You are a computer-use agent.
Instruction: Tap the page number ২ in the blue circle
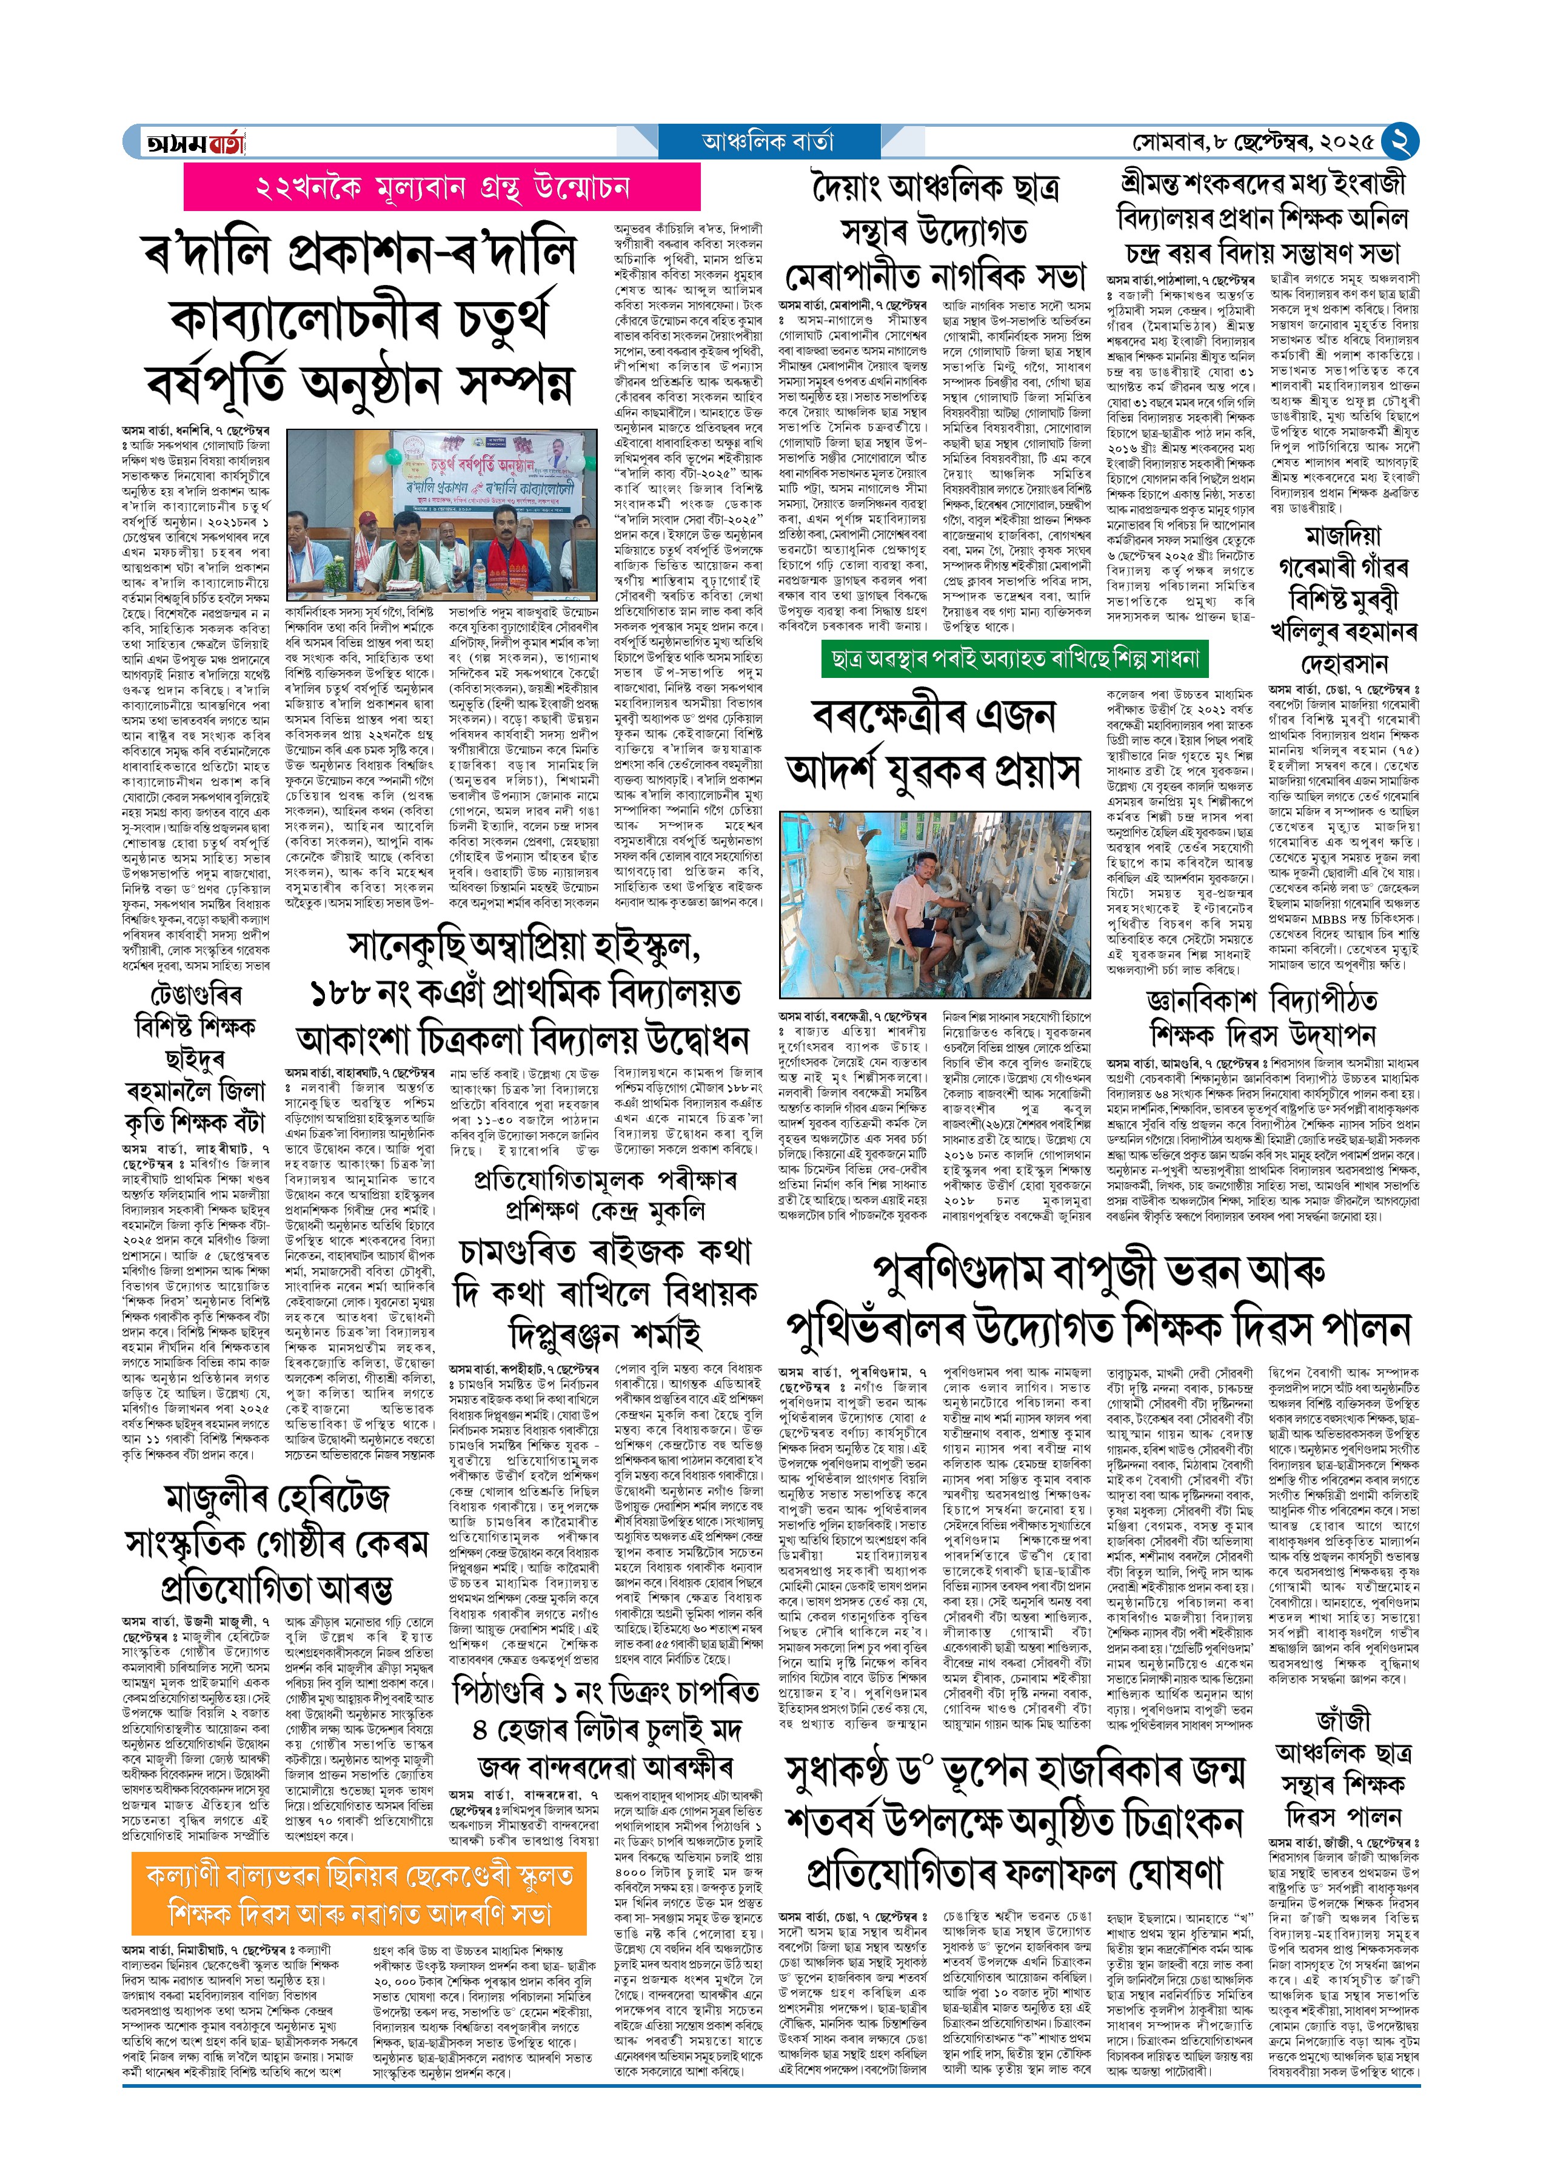pos(1399,142)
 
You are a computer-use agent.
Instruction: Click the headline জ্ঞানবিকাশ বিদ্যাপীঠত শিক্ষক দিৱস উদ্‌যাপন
pos(1262,1016)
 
